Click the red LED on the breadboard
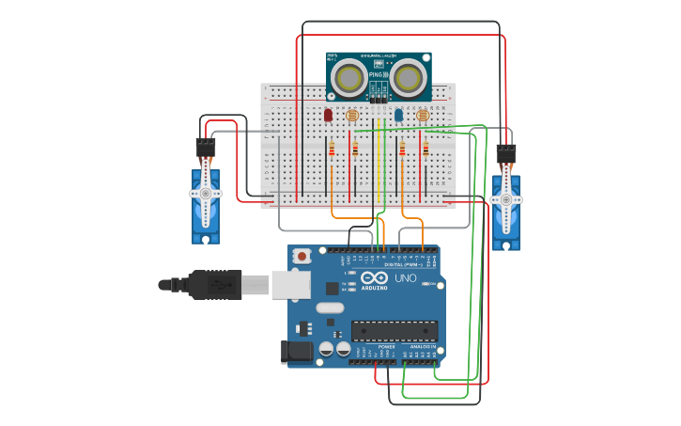[328, 115]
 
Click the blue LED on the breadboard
[398, 115]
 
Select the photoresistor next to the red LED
[352, 116]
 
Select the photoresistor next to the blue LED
[423, 116]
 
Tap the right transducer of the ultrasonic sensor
[408, 77]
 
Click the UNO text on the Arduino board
[405, 278]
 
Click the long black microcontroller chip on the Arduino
[395, 330]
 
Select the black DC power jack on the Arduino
[296, 352]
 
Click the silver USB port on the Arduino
[291, 284]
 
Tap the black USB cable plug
[216, 284]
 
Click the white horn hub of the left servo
[206, 194]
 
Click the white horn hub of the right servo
[506, 199]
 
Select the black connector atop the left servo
[206, 148]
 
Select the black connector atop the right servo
[506, 153]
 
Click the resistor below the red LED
[332, 149]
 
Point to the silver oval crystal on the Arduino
[330, 308]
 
